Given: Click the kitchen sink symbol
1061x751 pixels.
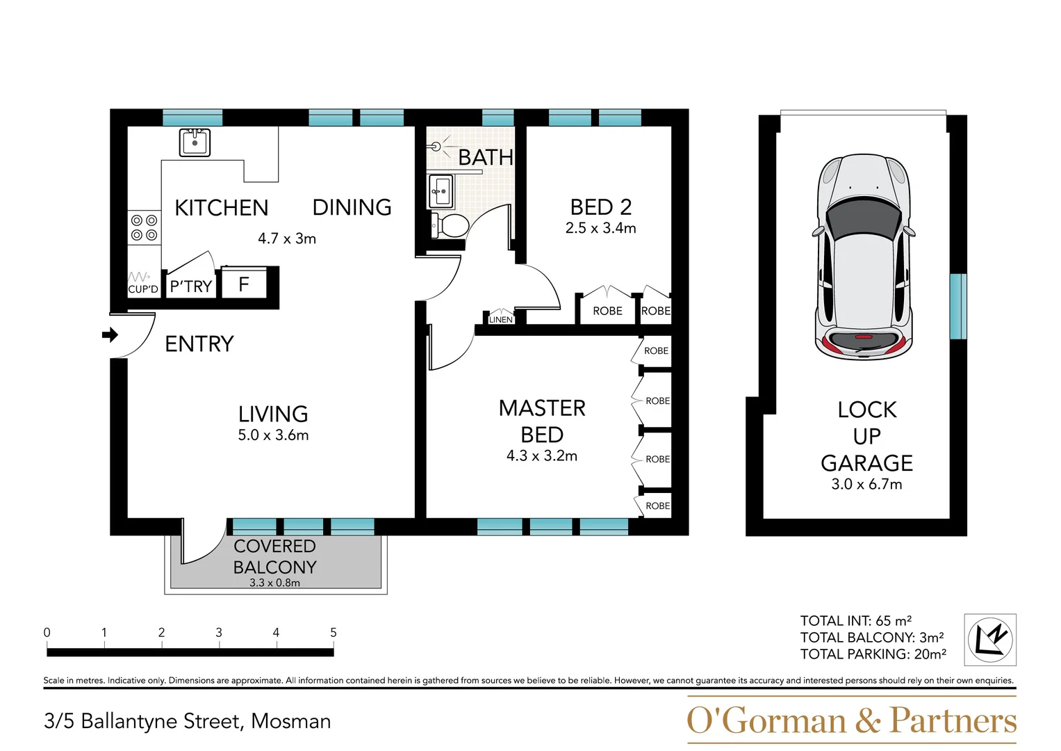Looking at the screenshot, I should pos(195,143).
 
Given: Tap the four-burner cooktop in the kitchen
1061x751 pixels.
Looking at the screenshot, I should pos(144,228).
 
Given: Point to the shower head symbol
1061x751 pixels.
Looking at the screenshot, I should pos(436,146).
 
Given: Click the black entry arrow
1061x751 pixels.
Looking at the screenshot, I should pos(110,335).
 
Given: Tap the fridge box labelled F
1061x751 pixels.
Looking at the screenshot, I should pos(244,284).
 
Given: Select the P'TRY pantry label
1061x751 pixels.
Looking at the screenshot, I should pos(190,286).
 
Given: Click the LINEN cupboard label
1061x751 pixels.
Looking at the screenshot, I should pos(500,320).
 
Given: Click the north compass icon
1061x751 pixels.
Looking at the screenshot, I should pos(989,640).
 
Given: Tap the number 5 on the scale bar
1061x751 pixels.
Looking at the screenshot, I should pos(334,633).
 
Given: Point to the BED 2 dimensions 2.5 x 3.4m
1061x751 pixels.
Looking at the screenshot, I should pos(600,228).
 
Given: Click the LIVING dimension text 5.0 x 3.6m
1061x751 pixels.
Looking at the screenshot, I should pos(273,435).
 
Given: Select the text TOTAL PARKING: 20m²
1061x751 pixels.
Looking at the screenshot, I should pos(873,654).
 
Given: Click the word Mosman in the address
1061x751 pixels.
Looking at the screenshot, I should pos(290,722).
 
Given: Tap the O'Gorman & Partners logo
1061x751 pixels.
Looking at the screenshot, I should pos(851,720).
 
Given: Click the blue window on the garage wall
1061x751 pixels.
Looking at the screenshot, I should pos(958,306).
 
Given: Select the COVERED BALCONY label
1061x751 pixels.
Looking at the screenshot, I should pos(275,557).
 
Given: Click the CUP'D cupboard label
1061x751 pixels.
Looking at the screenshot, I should pos(143,289).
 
